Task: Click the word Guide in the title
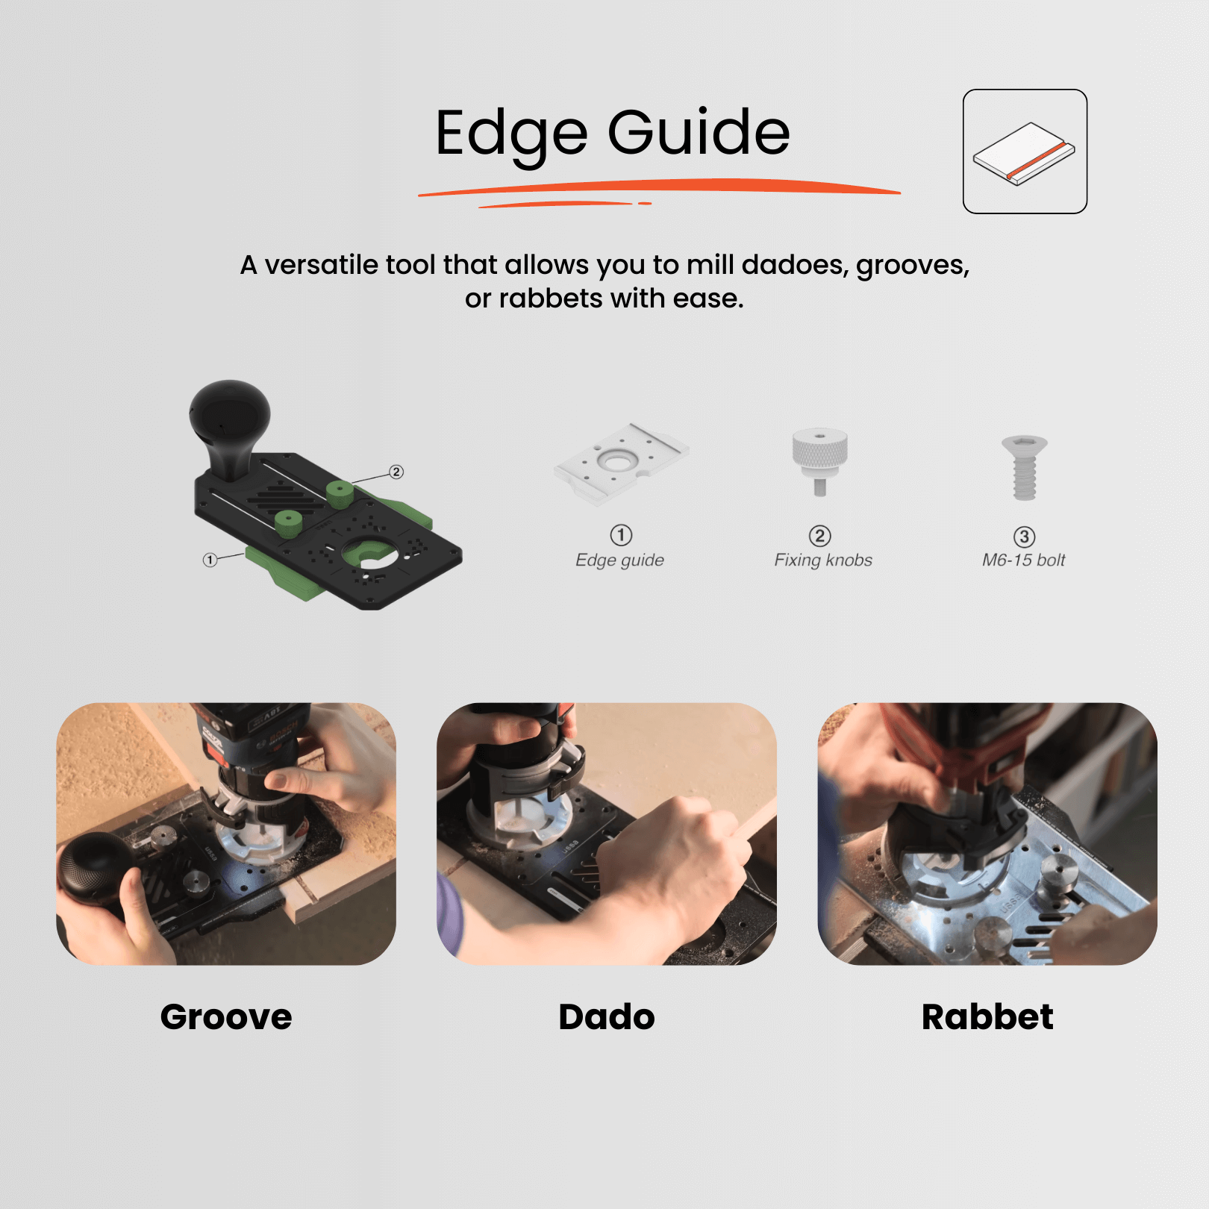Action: point(699,132)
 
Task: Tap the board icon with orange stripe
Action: point(1024,153)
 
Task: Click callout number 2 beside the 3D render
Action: point(396,472)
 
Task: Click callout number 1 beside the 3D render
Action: point(210,560)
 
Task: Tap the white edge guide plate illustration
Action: point(621,463)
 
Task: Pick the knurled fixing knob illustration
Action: point(819,459)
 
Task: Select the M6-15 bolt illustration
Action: point(1024,467)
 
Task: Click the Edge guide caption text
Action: point(619,560)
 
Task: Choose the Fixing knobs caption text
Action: point(822,560)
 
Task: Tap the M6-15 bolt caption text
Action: point(1023,560)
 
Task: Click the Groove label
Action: point(226,1017)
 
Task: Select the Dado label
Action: point(607,1017)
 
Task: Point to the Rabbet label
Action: point(987,1017)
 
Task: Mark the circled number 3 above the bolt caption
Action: point(1024,537)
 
